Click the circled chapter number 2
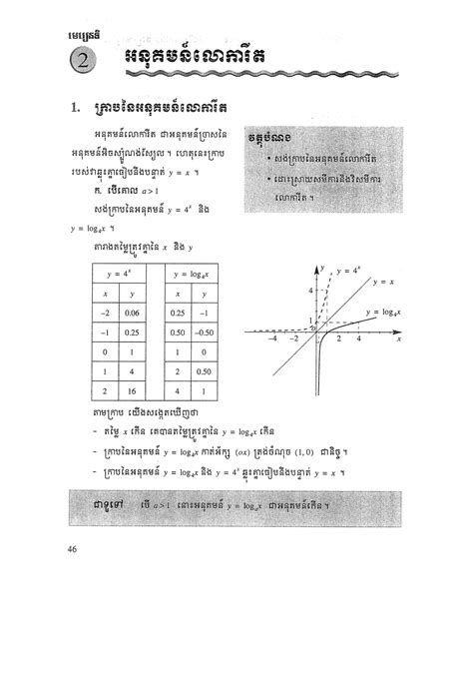pyautogui.click(x=78, y=62)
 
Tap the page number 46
pyautogui.click(x=71, y=548)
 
